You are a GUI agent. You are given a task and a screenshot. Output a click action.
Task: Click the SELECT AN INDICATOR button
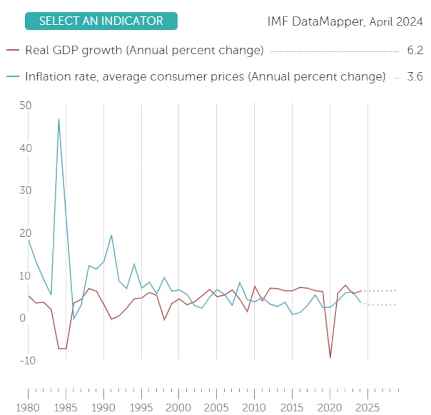[x=101, y=21]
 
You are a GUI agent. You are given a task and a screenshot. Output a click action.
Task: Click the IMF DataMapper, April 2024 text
[x=345, y=22]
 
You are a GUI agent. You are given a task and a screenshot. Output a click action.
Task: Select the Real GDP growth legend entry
[x=144, y=51]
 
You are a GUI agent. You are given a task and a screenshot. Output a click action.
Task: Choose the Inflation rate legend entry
[x=205, y=77]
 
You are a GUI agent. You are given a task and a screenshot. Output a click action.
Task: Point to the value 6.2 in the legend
[x=415, y=51]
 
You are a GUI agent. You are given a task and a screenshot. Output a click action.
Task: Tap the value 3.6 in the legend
[x=415, y=77]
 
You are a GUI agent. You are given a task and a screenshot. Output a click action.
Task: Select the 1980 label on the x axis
[x=27, y=407]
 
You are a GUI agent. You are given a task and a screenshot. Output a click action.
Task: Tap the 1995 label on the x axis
[x=141, y=407]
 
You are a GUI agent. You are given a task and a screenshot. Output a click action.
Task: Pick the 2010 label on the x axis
[x=254, y=407]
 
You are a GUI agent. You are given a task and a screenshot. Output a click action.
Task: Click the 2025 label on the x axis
[x=367, y=407]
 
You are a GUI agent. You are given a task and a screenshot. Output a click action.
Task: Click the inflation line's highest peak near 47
[x=59, y=120]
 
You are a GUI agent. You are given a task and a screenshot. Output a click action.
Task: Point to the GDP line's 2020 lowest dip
[x=330, y=357]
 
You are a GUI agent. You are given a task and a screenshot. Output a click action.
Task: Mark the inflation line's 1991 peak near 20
[x=111, y=235]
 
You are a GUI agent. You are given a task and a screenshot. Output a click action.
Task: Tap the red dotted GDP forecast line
[x=380, y=290]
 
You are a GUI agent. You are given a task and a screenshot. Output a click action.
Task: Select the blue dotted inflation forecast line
[x=380, y=305]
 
